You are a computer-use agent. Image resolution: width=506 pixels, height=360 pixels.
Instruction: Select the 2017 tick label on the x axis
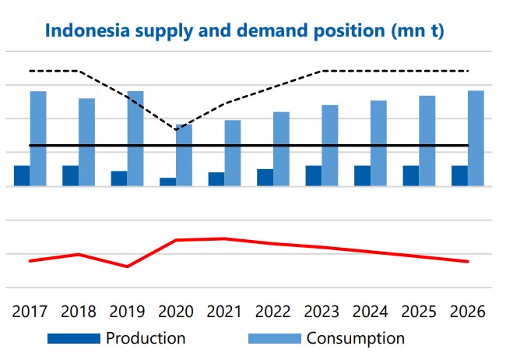[30, 312]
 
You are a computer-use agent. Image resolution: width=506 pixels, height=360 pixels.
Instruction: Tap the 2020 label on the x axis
[175, 312]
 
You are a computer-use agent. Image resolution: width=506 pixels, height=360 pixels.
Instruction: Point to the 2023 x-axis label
[321, 312]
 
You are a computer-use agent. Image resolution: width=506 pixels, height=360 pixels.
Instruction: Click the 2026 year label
[466, 312]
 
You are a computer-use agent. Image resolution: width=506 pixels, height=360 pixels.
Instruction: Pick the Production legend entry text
[146, 338]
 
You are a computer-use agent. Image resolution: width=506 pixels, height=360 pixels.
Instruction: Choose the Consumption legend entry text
[356, 338]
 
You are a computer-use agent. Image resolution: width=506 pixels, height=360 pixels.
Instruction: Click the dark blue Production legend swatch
[74, 339]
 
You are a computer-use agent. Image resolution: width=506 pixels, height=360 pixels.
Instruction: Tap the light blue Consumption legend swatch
[274, 339]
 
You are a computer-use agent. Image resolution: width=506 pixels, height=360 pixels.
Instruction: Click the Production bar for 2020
[167, 182]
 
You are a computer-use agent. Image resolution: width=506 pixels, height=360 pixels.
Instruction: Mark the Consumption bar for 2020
[184, 156]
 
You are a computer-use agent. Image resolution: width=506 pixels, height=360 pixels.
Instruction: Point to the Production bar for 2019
[119, 179]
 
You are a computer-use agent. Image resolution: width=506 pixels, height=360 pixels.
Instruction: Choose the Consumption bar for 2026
[476, 139]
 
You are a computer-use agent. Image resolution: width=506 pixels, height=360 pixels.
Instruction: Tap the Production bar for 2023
[313, 176]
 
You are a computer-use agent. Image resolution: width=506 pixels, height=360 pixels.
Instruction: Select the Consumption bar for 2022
[281, 150]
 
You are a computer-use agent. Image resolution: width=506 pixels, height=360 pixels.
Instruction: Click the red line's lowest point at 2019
[127, 266]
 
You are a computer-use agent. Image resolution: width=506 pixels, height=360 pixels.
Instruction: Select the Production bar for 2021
[216, 180]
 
